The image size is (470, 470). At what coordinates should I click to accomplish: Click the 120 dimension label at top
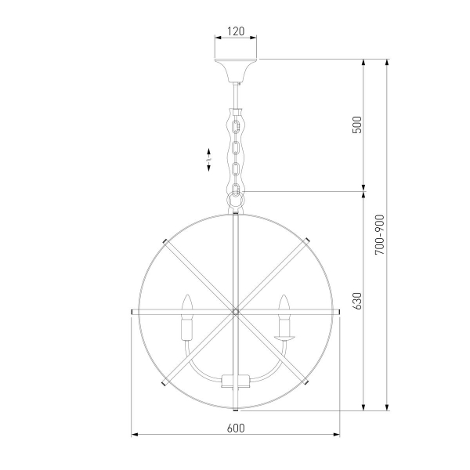236,32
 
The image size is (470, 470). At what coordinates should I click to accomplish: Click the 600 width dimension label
236,428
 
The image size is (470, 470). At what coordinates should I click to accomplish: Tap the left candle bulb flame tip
187,300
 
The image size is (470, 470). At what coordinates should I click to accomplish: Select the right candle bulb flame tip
284,300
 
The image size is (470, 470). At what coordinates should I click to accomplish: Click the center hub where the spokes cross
236,312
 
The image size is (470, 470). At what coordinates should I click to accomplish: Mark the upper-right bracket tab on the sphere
308,239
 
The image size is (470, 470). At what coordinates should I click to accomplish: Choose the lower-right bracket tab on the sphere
308,384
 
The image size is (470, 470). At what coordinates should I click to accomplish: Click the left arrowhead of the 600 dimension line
133,435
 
